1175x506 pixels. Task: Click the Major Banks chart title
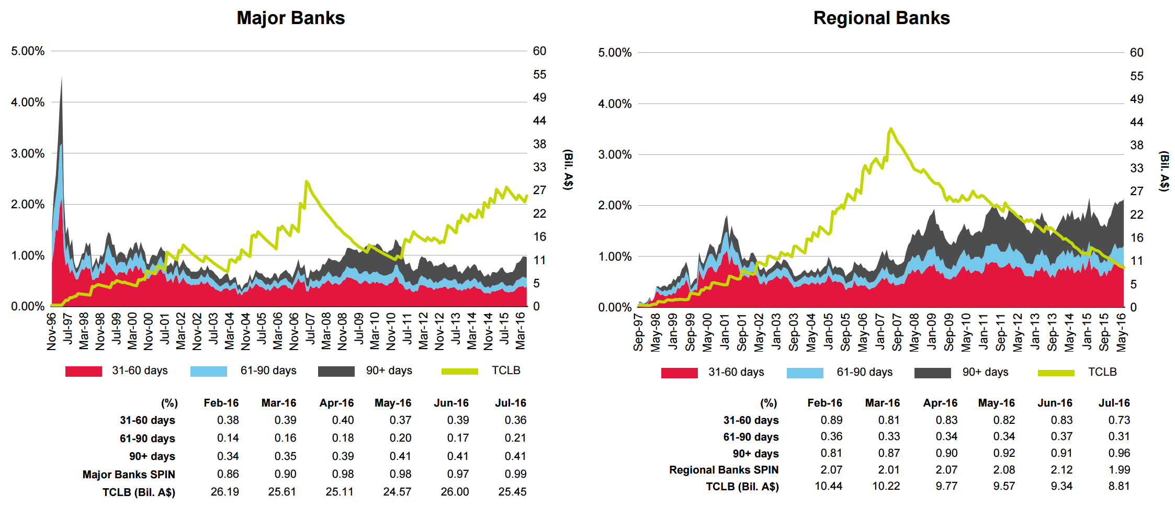290,18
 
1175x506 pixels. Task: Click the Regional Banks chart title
881,18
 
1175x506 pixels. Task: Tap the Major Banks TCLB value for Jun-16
455,492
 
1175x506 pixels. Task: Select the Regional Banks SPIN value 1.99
1119,470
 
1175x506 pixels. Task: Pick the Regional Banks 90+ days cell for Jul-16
1119,453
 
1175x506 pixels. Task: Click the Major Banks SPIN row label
129,475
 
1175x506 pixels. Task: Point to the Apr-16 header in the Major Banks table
336,403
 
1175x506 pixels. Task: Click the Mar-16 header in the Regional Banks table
882,403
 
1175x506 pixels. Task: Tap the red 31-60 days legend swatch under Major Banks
84,371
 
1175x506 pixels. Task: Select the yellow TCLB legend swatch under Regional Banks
1056,373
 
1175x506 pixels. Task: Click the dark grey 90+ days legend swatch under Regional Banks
932,373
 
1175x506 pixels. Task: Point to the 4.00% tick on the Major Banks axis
28,102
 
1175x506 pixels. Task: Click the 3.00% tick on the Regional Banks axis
615,154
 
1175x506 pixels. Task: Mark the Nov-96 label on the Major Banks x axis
51,331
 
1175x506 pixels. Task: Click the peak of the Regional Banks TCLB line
890,129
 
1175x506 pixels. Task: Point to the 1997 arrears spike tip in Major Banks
62,78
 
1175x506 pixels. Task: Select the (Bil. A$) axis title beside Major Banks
568,170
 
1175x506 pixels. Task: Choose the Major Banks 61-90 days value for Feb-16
228,438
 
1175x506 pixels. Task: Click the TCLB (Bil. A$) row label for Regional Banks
742,487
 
